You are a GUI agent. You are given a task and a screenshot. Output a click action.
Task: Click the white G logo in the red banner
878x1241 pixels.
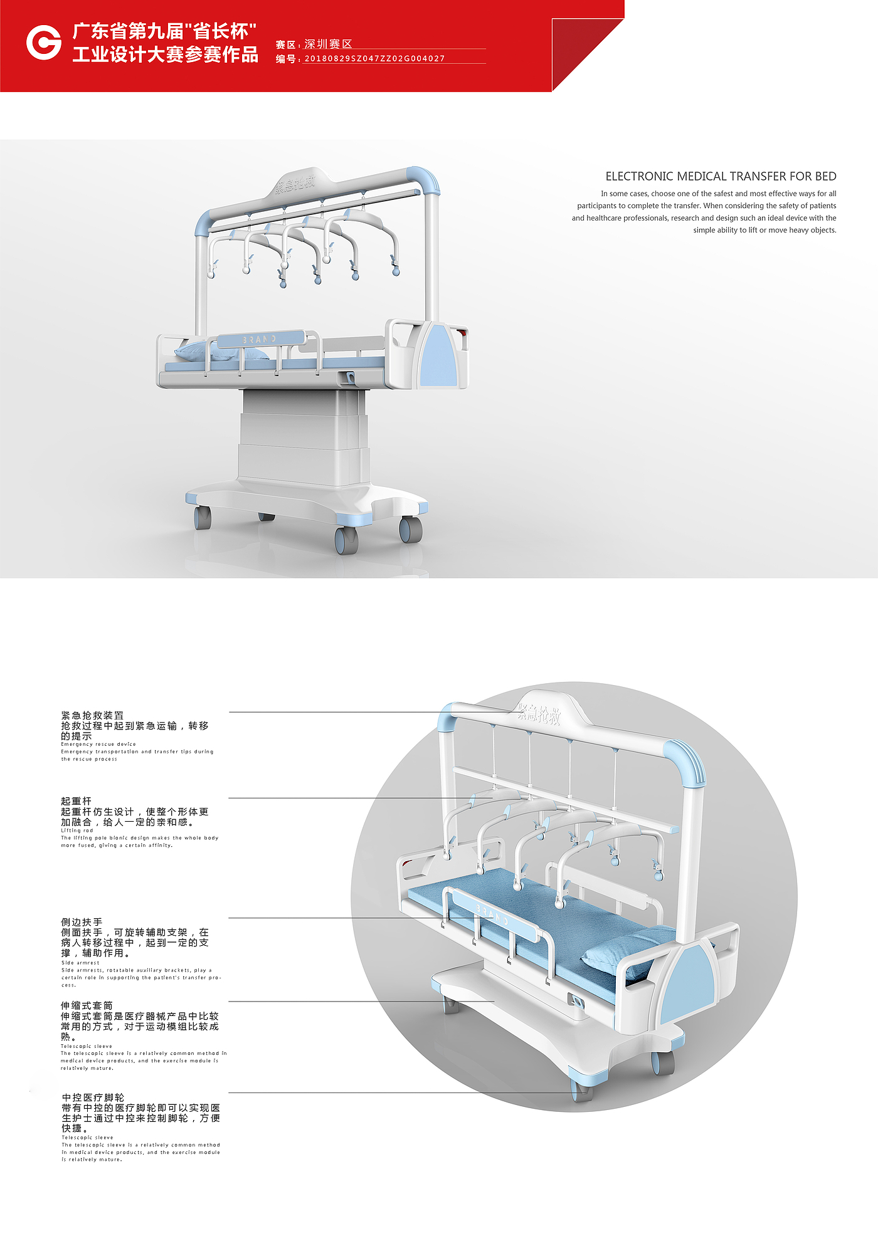coord(43,43)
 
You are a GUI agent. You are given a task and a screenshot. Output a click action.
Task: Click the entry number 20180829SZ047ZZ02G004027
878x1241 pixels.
coord(374,58)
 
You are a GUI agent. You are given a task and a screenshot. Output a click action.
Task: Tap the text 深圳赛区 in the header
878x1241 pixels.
coord(328,44)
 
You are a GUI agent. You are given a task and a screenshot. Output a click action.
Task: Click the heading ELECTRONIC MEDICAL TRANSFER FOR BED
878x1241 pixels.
coord(721,177)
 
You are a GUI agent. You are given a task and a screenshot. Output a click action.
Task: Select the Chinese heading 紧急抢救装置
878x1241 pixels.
coord(92,715)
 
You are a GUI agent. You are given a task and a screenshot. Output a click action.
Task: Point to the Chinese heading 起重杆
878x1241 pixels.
coord(76,801)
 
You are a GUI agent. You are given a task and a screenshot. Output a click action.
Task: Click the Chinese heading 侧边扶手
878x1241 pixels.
coord(82,922)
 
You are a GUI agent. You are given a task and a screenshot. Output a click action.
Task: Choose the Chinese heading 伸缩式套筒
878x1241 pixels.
coord(87,1005)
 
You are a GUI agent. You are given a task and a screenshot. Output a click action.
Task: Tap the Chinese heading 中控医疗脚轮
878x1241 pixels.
coord(93,1097)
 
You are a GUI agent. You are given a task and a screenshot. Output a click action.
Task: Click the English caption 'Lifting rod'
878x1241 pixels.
coord(77,830)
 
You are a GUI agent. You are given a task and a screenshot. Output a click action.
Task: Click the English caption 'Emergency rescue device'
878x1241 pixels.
coord(98,744)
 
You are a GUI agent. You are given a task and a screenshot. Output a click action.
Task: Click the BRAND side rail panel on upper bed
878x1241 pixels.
coord(260,339)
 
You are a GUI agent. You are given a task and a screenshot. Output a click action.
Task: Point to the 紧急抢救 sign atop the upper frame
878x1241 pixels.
coord(295,184)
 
